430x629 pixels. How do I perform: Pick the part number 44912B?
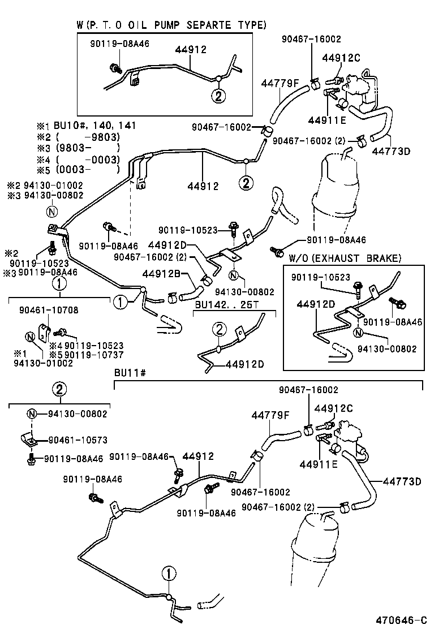coord(161,274)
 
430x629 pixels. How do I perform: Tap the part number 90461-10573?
coord(75,440)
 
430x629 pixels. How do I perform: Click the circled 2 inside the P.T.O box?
coord(218,96)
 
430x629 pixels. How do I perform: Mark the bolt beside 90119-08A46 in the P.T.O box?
coord(115,69)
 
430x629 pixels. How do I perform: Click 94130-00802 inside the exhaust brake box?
coord(389,349)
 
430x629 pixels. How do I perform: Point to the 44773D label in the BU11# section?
coord(402,482)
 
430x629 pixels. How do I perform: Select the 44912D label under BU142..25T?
coord(244,364)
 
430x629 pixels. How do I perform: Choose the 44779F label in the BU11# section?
coord(270,416)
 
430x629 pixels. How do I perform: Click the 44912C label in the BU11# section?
coord(333,408)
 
